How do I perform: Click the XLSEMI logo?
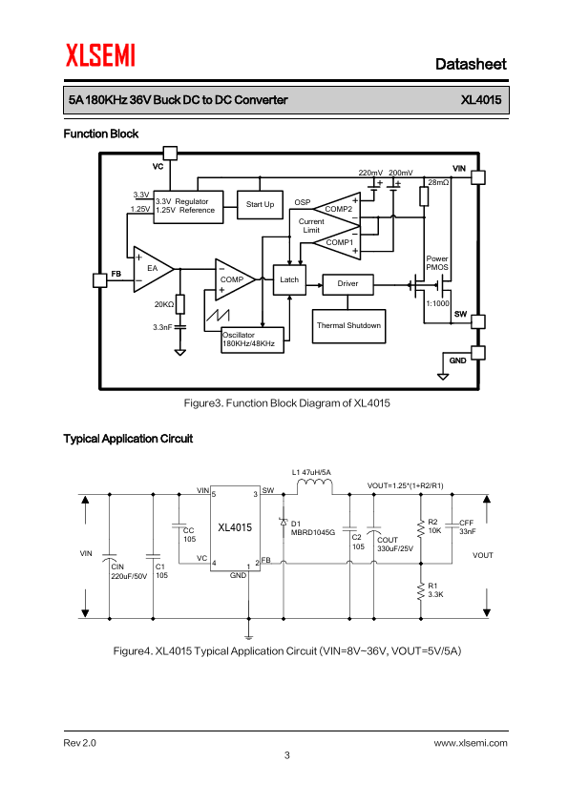pyautogui.click(x=100, y=55)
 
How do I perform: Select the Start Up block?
pyautogui.click(x=260, y=204)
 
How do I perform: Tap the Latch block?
pyautogui.click(x=289, y=279)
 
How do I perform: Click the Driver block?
pyautogui.click(x=347, y=284)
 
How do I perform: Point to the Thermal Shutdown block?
pyautogui.click(x=348, y=326)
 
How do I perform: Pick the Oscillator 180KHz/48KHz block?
pyautogui.click(x=252, y=340)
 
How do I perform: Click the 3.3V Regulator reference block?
pyautogui.click(x=188, y=207)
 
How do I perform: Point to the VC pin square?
pyautogui.click(x=170, y=154)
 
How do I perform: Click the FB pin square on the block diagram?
pyautogui.click(x=100, y=280)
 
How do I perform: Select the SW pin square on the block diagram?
pyautogui.click(x=477, y=321)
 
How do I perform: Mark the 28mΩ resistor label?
pyautogui.click(x=438, y=182)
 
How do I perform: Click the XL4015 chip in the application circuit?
pyautogui.click(x=235, y=528)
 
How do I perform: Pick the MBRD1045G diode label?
pyautogui.click(x=313, y=532)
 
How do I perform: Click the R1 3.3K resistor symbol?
pyautogui.click(x=421, y=590)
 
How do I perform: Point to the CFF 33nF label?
pyautogui.click(x=467, y=527)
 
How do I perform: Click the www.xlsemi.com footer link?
pyautogui.click(x=471, y=743)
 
